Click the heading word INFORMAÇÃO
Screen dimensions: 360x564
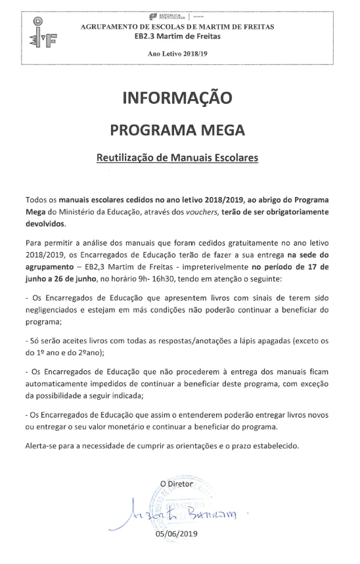click(x=177, y=98)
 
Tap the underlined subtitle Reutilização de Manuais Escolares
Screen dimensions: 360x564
click(x=177, y=158)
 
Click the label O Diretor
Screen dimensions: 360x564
click(x=177, y=484)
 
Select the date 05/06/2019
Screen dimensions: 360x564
click(x=176, y=534)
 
